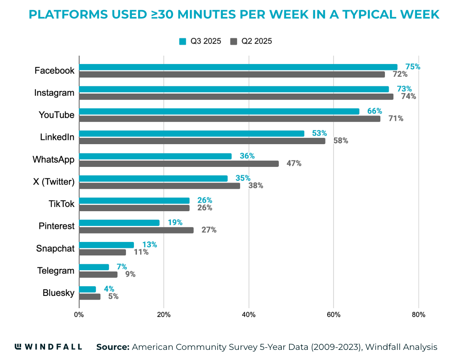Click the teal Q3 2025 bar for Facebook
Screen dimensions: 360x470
point(238,67)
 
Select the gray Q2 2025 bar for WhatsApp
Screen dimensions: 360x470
point(179,164)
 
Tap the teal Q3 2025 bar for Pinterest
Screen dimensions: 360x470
point(119,223)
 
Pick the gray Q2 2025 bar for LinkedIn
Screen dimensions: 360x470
point(202,141)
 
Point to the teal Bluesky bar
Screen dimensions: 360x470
point(88,289)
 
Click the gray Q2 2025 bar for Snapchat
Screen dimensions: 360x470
point(102,252)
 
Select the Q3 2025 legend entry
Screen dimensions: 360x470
point(200,41)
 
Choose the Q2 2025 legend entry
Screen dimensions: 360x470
point(251,41)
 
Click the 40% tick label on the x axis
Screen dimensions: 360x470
point(248,314)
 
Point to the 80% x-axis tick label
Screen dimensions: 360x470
point(418,314)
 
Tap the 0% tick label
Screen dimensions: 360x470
point(79,314)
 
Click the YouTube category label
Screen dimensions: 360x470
point(56,115)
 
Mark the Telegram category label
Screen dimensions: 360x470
point(56,271)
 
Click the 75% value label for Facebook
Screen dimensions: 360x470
point(413,67)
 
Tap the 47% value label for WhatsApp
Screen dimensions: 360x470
point(294,164)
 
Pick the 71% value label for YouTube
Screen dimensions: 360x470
point(395,118)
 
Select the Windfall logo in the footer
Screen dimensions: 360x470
point(48,347)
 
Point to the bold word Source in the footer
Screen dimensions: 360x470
point(112,347)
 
